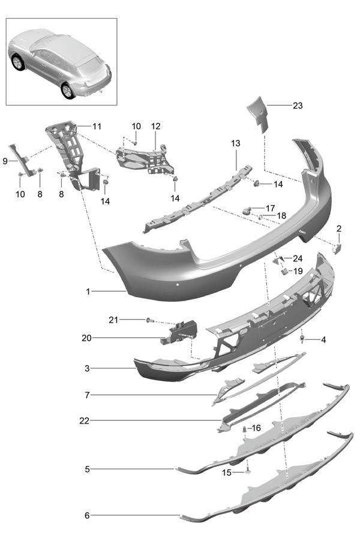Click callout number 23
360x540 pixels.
point(298,106)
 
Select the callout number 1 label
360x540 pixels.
point(88,291)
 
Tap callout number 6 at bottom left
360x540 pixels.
point(88,515)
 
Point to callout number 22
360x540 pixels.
point(85,421)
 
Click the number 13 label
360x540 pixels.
point(235,143)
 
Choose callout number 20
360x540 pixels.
point(86,338)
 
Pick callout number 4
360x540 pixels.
point(323,340)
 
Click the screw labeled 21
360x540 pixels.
point(149,320)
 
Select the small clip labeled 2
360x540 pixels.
point(337,248)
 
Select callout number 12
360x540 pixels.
point(156,127)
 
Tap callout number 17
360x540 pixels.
point(271,208)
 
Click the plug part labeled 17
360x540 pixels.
point(247,210)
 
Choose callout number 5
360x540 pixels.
point(88,469)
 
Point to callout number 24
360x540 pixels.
point(298,259)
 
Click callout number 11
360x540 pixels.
point(97,127)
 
